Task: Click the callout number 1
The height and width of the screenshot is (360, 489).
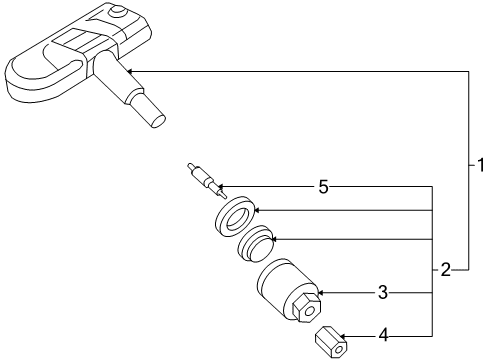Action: coord(480,165)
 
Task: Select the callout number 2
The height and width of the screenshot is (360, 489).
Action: coord(446,270)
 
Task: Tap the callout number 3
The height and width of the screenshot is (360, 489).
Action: coord(383,293)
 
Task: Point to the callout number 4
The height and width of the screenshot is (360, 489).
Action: coord(384,335)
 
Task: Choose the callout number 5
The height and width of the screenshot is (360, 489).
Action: coord(323,186)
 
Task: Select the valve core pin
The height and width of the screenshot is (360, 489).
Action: coord(207,181)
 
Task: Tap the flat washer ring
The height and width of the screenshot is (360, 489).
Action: coord(235,216)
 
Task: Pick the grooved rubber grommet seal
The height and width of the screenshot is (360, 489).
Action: coord(256,243)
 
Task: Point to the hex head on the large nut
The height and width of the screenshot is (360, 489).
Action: coord(306,307)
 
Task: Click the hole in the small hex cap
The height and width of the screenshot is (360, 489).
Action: coord(339,349)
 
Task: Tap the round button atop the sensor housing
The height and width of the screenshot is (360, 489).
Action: coord(119,11)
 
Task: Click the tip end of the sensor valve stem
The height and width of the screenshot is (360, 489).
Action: coord(158,121)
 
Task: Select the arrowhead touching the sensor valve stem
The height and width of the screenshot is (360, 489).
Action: coord(130,71)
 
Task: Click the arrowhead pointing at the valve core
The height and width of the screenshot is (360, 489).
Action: coord(221,186)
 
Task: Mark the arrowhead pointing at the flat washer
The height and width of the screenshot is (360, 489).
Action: coord(257,210)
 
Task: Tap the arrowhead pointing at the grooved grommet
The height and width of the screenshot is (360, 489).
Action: coord(275,239)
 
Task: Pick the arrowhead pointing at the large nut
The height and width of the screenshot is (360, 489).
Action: coord(321,293)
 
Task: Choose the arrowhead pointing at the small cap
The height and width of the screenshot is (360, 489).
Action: coord(343,336)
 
